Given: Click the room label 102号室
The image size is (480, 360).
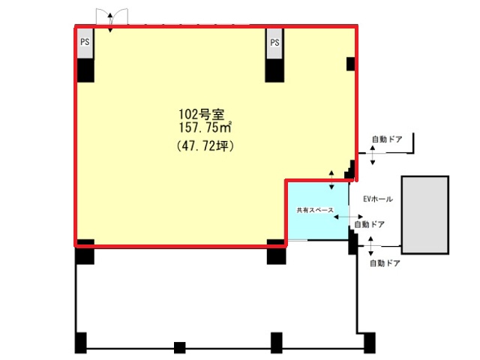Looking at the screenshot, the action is click(202, 115).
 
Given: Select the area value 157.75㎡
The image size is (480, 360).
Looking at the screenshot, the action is click(205, 127).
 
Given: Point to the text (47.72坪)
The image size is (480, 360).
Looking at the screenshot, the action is click(205, 146).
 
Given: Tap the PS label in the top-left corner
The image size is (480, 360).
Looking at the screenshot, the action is click(85, 42).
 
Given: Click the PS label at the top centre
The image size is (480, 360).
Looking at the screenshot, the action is click(274, 42).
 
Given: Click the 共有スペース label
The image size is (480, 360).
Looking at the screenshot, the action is click(315, 210).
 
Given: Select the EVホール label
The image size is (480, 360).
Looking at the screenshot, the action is click(378, 199).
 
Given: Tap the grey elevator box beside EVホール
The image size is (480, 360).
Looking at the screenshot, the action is click(425, 215).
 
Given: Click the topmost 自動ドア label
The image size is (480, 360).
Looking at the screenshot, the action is click(387, 139).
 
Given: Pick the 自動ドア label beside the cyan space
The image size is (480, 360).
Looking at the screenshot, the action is click(369, 224).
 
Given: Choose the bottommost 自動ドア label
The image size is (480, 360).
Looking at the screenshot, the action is click(385, 263).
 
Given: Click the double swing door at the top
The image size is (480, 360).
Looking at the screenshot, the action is click(112, 16).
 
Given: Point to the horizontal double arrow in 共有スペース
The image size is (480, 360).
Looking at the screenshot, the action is click(348, 217).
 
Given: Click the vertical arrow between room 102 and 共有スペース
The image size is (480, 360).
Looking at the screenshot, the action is click(331, 180).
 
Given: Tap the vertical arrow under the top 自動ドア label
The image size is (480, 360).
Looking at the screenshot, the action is click(373, 155).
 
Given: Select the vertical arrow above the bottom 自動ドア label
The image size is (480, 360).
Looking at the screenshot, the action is click(370, 246).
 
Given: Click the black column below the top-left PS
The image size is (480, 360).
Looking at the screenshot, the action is click(85, 70).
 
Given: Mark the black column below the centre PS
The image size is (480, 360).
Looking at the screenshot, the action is click(274, 70).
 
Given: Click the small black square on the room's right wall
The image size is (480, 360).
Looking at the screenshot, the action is click(351, 64).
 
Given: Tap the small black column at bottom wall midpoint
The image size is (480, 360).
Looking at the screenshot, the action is click(180, 348).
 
